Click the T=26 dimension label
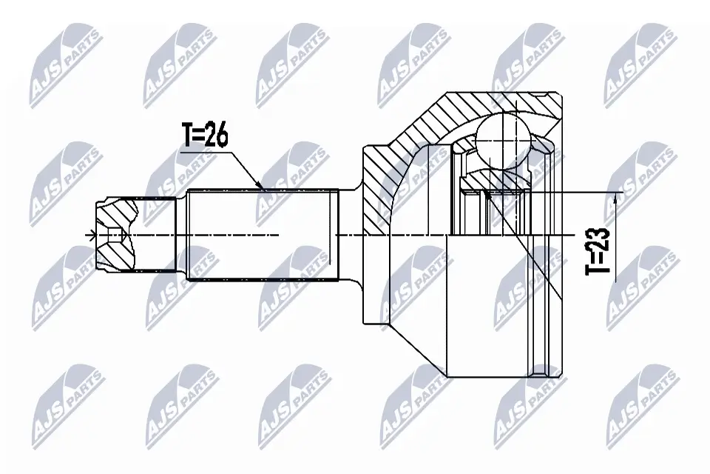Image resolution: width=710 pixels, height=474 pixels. point(204,135)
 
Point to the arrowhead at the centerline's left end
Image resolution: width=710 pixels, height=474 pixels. point(92,236)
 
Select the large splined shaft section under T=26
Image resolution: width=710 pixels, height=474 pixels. point(263,235)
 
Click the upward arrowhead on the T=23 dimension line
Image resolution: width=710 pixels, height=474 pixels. point(615,196)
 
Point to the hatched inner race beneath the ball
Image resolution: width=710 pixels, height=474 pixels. point(496,178)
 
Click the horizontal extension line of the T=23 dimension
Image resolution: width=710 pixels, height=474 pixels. point(577,192)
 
